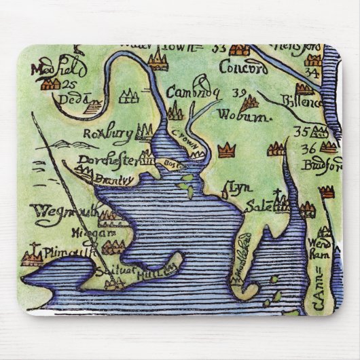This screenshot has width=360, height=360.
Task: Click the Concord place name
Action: click(238, 68)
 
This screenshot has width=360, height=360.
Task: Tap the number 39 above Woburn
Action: click(238, 93)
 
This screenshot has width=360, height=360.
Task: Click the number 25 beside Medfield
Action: click(68, 85)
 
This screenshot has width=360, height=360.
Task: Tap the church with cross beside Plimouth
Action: click(31, 255)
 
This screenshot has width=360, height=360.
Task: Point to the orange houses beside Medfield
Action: click(50, 84)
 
